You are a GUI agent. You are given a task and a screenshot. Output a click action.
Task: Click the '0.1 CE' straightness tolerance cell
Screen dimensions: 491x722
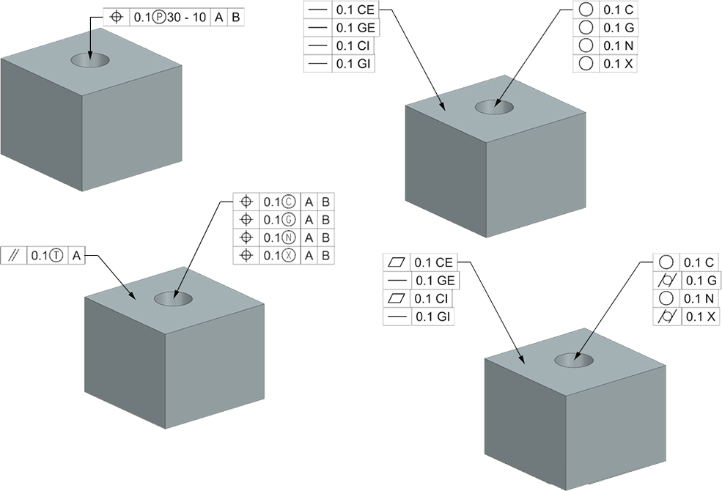tap(355, 10)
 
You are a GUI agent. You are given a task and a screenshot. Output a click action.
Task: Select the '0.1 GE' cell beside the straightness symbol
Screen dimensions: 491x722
tap(355, 27)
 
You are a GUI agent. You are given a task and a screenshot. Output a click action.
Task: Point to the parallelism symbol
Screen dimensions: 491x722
tap(13, 255)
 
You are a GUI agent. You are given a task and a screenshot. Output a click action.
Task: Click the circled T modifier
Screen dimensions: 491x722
tap(58, 256)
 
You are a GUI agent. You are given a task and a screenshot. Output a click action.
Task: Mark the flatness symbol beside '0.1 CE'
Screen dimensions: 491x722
tap(397, 262)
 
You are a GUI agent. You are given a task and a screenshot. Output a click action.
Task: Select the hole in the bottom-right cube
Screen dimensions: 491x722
tap(574, 360)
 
